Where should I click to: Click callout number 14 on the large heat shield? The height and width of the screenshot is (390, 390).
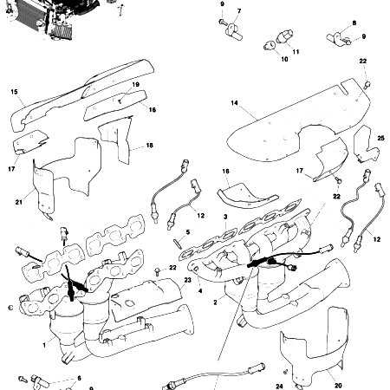(234, 103)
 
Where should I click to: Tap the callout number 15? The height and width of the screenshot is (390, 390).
(15, 92)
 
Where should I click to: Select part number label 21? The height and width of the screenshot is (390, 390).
(18, 202)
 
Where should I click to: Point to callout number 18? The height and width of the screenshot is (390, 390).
(150, 146)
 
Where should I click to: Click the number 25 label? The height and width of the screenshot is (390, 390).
(380, 139)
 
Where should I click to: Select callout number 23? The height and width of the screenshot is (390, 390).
(187, 280)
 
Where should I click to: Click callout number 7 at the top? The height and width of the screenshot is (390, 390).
(239, 11)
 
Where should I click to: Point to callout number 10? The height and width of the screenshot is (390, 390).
(283, 60)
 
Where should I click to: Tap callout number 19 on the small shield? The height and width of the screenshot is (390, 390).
(135, 85)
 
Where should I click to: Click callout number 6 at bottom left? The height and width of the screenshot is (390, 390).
(79, 378)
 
